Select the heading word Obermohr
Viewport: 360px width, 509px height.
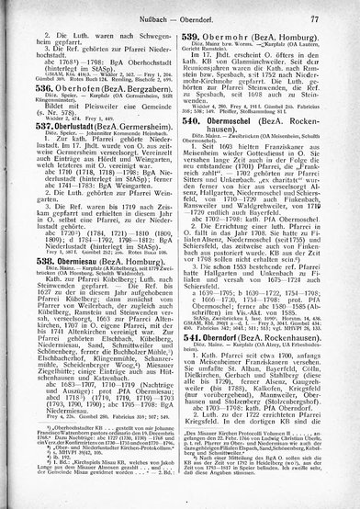click(x=236, y=37)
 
